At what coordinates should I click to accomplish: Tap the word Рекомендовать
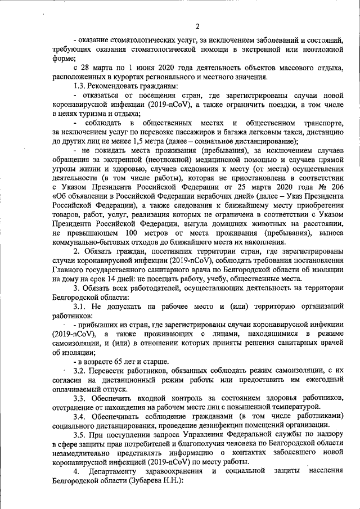point(118,86)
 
